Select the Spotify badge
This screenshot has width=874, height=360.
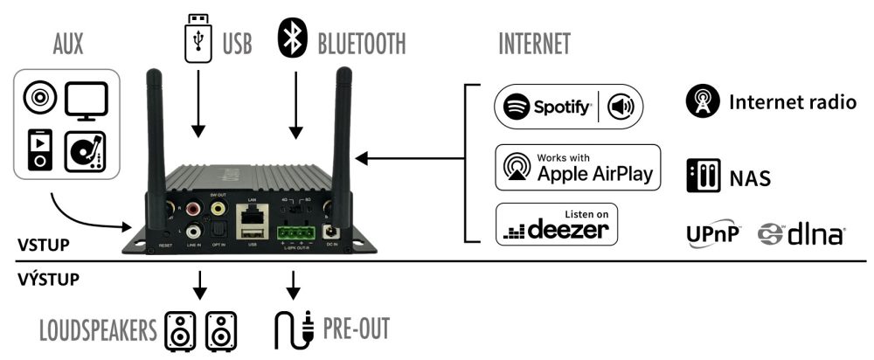pyautogui.click(x=568, y=107)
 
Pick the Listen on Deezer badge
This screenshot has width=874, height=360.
pyautogui.click(x=557, y=225)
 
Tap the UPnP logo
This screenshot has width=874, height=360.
pyautogui.click(x=712, y=233)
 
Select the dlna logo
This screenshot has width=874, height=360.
pyautogui.click(x=801, y=233)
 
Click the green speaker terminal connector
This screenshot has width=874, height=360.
pyautogui.click(x=295, y=233)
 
